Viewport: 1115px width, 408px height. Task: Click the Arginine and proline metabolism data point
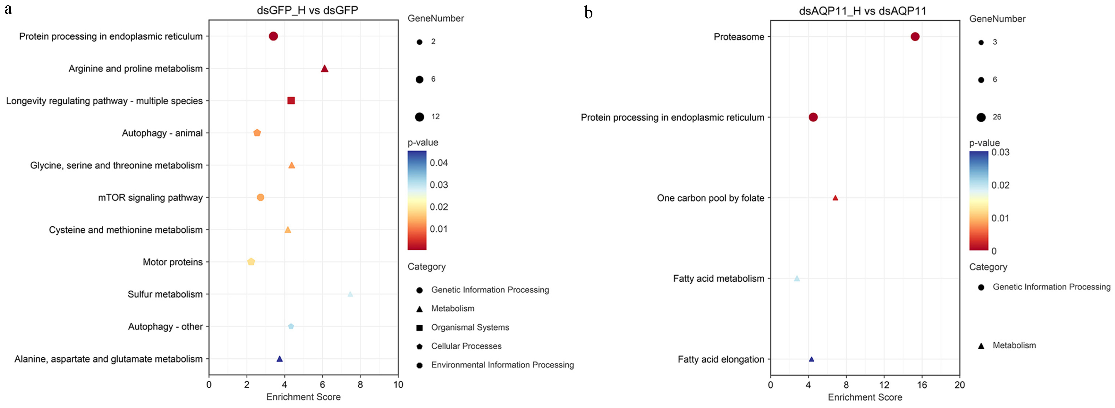tap(324, 69)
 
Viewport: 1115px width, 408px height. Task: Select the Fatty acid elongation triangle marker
tap(811, 359)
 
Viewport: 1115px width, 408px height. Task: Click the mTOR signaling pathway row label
tap(150, 197)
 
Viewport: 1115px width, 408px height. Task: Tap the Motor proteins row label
tap(173, 262)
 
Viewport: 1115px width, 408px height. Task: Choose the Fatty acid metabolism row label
tap(719, 278)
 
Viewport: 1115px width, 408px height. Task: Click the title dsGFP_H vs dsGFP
tap(307, 10)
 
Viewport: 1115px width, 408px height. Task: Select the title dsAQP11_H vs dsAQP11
tap(863, 11)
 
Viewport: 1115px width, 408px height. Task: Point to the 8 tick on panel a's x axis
tap(360, 385)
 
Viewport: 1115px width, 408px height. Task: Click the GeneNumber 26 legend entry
tap(996, 117)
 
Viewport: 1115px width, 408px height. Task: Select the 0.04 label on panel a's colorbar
tap(438, 163)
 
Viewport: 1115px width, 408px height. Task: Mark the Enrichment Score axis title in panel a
tap(303, 397)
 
